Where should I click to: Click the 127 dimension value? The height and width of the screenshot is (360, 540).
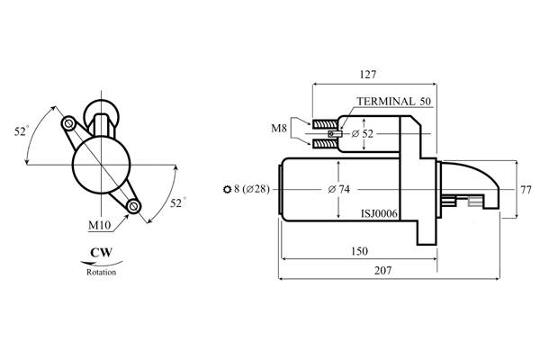point(368,75)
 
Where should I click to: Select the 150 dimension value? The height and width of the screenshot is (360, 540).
point(359,251)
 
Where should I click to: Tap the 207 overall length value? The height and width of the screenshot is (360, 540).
point(382,270)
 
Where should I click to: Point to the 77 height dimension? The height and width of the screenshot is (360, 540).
point(526,190)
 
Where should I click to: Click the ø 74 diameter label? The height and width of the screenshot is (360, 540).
point(338,189)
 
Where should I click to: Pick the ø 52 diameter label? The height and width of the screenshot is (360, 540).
point(363,134)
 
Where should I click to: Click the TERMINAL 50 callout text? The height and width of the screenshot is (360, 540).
point(393,102)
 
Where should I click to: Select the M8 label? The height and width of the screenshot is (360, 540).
point(279,129)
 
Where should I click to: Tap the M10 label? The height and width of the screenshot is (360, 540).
point(100,225)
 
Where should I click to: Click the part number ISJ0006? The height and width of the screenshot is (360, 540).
point(379,214)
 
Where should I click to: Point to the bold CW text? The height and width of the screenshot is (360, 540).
point(101,253)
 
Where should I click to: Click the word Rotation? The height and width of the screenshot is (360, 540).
point(101,272)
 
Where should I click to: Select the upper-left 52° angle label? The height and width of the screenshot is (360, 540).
point(22,130)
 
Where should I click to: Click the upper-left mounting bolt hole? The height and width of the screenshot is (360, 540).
point(68,123)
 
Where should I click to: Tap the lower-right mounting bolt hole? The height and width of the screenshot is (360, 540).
point(133,206)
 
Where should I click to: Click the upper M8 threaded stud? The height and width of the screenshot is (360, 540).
point(325,123)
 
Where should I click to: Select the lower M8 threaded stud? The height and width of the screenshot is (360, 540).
point(325,143)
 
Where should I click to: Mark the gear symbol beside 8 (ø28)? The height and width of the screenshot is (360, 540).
point(228,190)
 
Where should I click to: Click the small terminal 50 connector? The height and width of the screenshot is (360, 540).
point(335,134)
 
